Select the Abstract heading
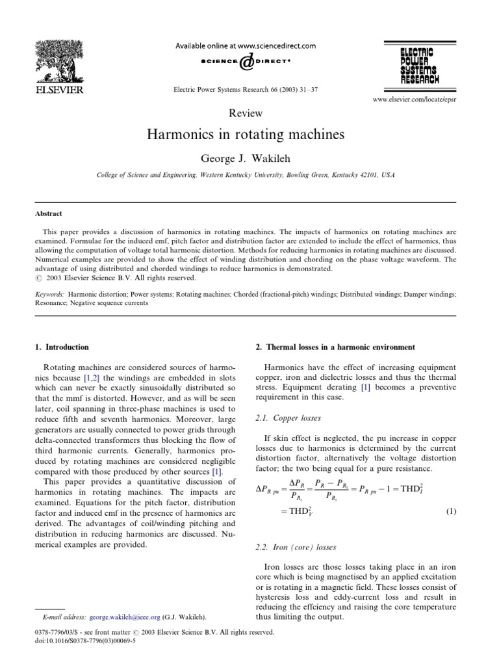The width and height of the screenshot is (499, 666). pos(49,213)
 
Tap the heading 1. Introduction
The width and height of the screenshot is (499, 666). pos(62,347)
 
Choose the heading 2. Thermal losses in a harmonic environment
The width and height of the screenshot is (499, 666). pos(331,347)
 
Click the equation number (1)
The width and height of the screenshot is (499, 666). pos(451,513)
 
